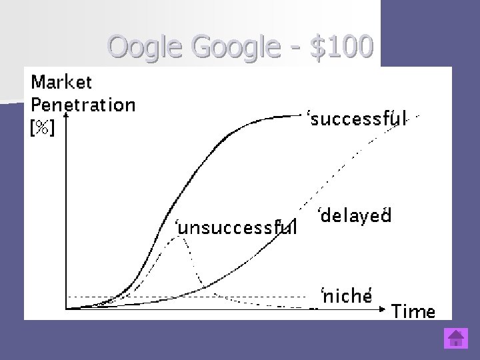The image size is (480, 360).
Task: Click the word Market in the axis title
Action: coord(61,83)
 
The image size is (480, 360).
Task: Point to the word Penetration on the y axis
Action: coord(83,105)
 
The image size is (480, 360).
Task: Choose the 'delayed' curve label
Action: coord(353,216)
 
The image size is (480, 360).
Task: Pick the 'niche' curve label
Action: coord(345,296)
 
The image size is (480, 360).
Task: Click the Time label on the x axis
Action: coord(413,311)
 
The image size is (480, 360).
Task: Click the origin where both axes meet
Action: coord(65,309)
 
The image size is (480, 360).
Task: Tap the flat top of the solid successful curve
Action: coord(280,117)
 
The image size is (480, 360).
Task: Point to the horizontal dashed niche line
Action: coord(253,296)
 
